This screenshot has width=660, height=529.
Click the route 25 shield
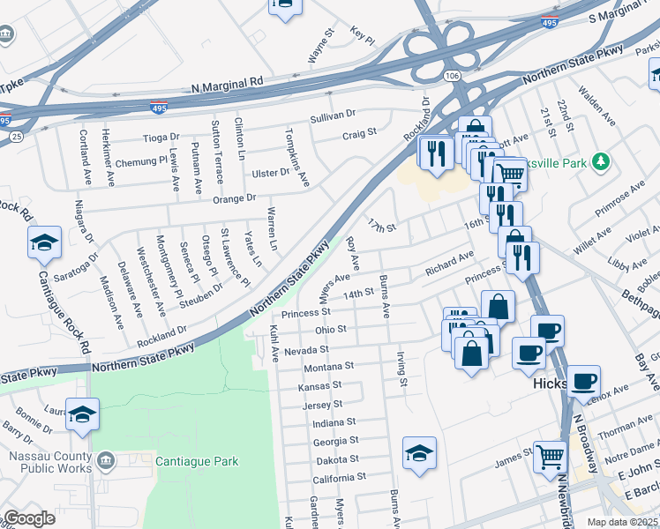(x=17, y=137)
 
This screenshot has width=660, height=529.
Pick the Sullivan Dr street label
(x=332, y=115)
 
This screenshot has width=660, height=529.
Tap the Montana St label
(x=328, y=366)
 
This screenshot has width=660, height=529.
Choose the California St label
(x=339, y=478)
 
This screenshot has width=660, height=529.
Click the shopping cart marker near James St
(x=551, y=456)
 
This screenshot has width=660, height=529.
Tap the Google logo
(x=29, y=518)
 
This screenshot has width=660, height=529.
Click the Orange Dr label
(x=233, y=198)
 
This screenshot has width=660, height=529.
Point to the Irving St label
(x=402, y=369)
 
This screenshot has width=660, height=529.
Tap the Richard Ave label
(x=448, y=263)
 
